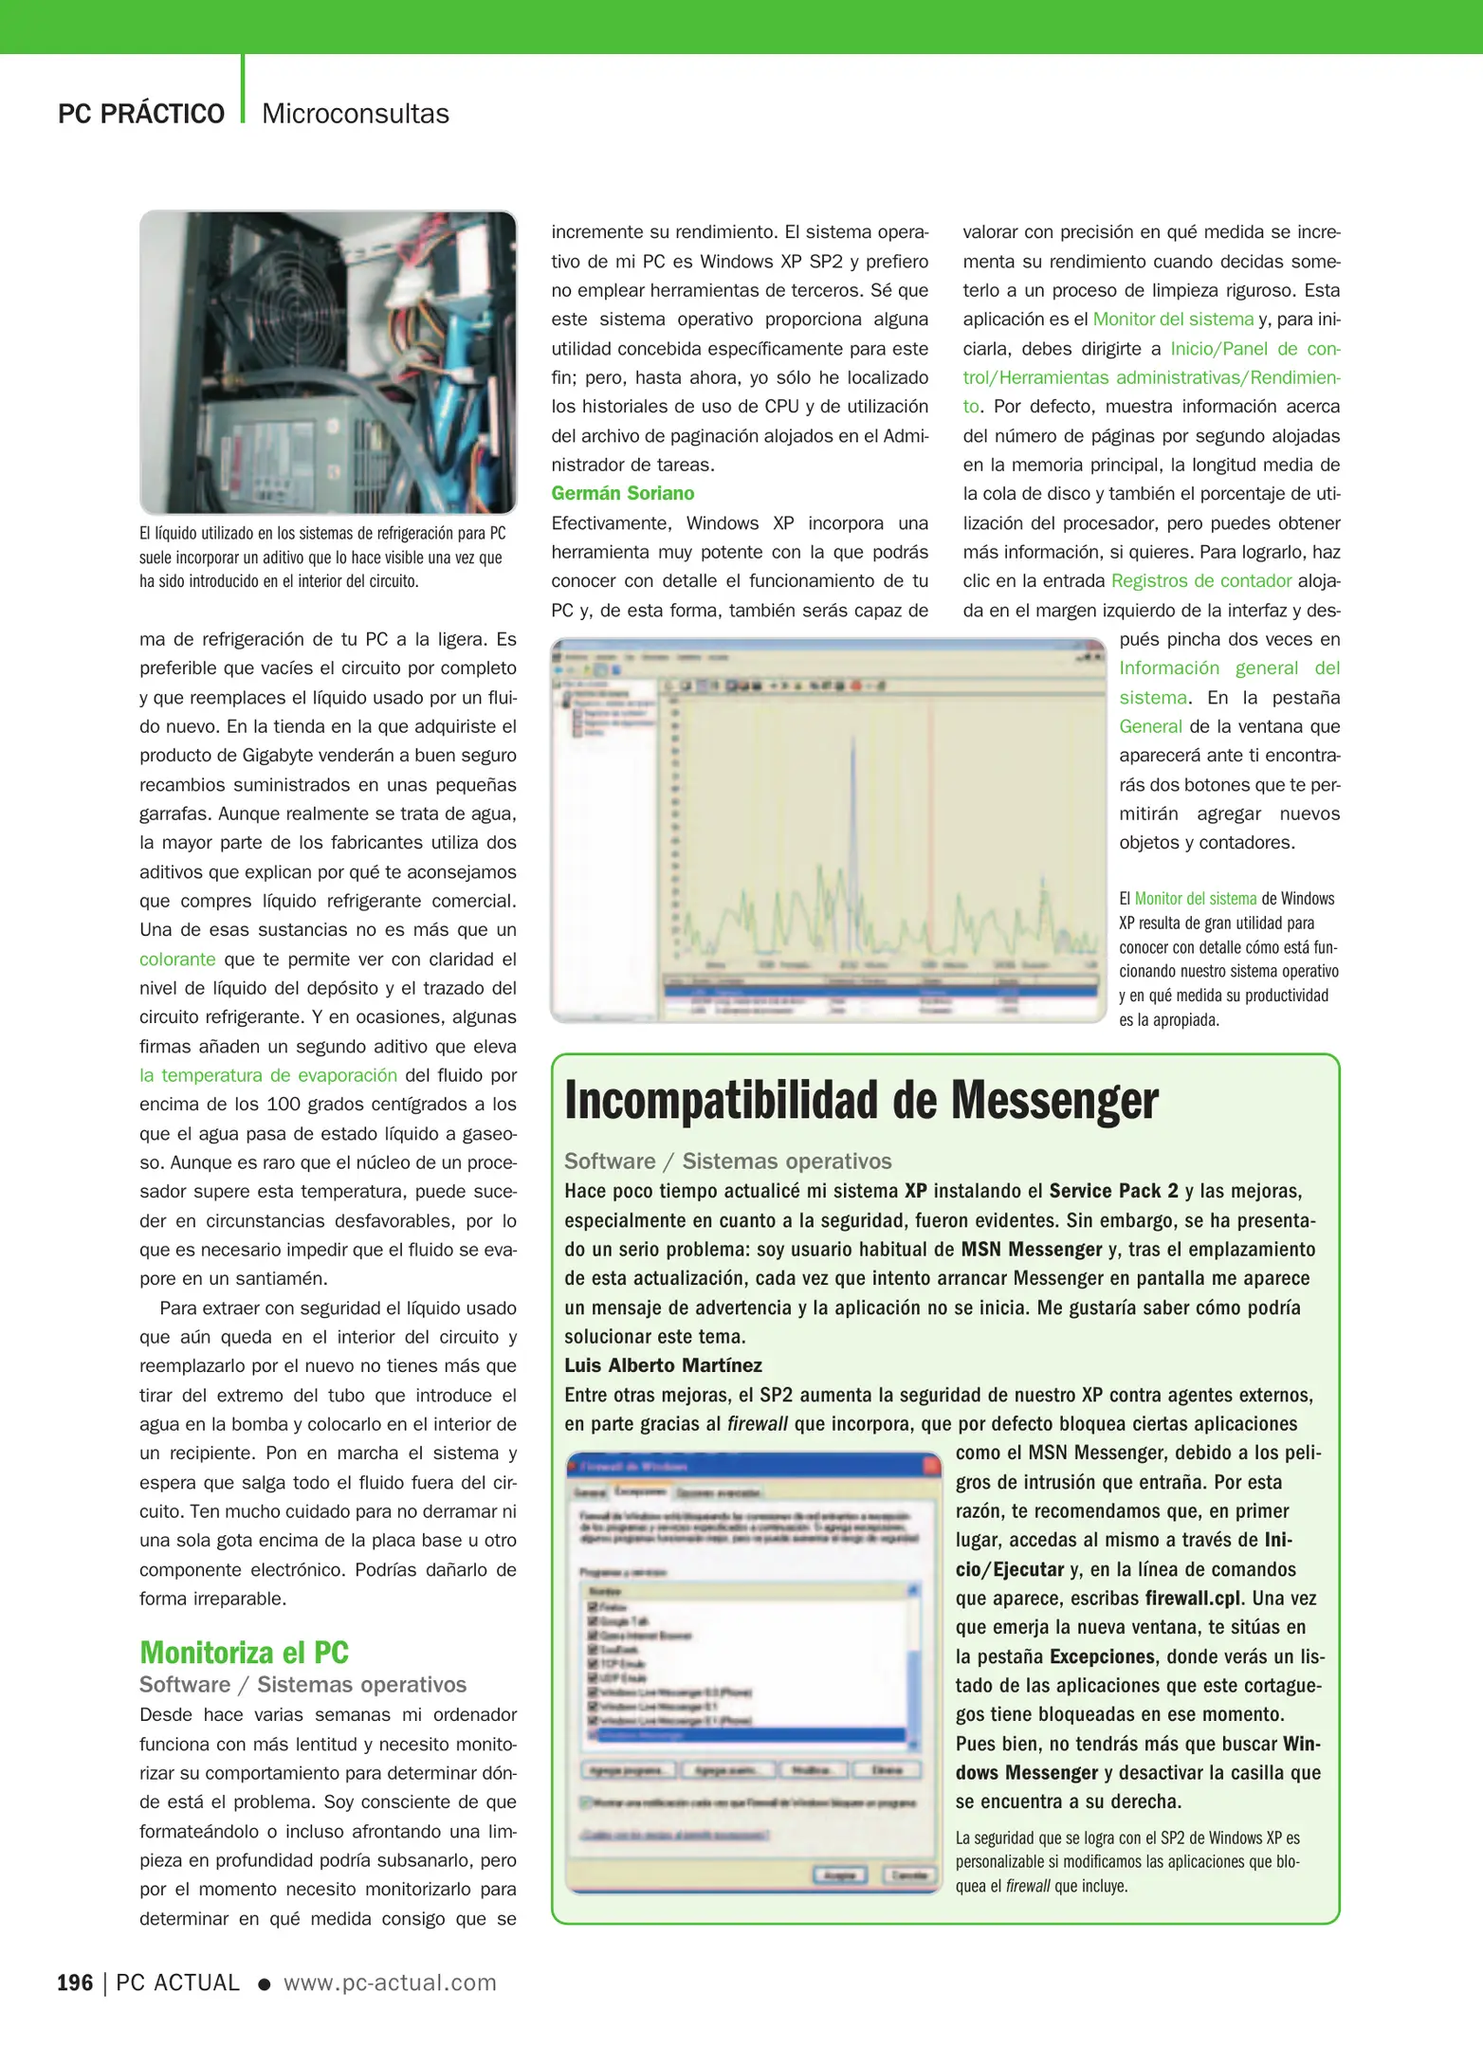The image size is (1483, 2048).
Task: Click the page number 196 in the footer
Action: click(x=75, y=1983)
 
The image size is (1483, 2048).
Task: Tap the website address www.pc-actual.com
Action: click(x=390, y=1983)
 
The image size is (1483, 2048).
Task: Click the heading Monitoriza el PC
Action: click(x=244, y=1652)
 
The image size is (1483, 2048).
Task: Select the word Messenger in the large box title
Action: click(x=1053, y=1101)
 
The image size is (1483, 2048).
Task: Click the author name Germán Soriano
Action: click(x=622, y=493)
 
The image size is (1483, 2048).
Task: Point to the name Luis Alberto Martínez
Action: click(x=663, y=1365)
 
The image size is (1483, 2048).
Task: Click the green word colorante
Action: click(x=177, y=959)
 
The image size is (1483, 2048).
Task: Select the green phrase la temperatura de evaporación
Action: click(x=268, y=1075)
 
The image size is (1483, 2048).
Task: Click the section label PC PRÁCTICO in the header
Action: click(x=141, y=114)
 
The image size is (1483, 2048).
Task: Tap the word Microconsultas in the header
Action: click(x=355, y=114)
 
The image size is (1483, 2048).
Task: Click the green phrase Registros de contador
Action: click(x=1200, y=580)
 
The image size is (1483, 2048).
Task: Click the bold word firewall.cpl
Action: click(x=1192, y=1599)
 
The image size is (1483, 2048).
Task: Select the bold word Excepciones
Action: click(x=1102, y=1656)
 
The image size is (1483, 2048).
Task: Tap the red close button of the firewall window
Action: click(x=930, y=1466)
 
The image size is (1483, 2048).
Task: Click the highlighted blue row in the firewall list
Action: click(x=744, y=1735)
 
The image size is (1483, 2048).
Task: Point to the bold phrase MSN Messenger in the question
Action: click(x=1031, y=1250)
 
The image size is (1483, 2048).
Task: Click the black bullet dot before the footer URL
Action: click(x=265, y=1984)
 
